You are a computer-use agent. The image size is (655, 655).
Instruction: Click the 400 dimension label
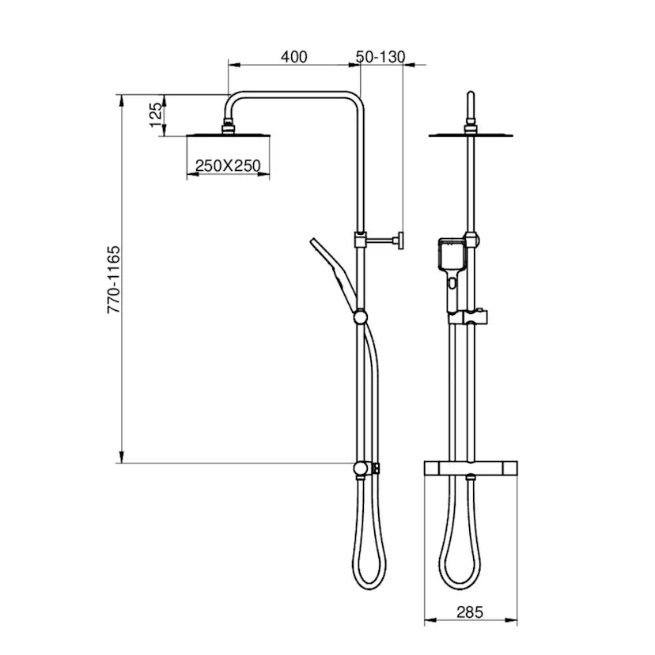(293, 57)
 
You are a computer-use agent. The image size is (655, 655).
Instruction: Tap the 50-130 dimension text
(381, 57)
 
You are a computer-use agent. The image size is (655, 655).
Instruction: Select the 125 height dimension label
(156, 115)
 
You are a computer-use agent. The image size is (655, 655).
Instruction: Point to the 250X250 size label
(228, 166)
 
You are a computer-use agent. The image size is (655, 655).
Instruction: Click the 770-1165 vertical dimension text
(114, 279)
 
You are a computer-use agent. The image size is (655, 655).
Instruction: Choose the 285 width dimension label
(470, 612)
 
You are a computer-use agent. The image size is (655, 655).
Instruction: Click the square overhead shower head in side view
(228, 134)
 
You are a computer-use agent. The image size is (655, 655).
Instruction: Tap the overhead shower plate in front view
(471, 134)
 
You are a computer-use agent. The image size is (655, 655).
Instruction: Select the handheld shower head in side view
(334, 274)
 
